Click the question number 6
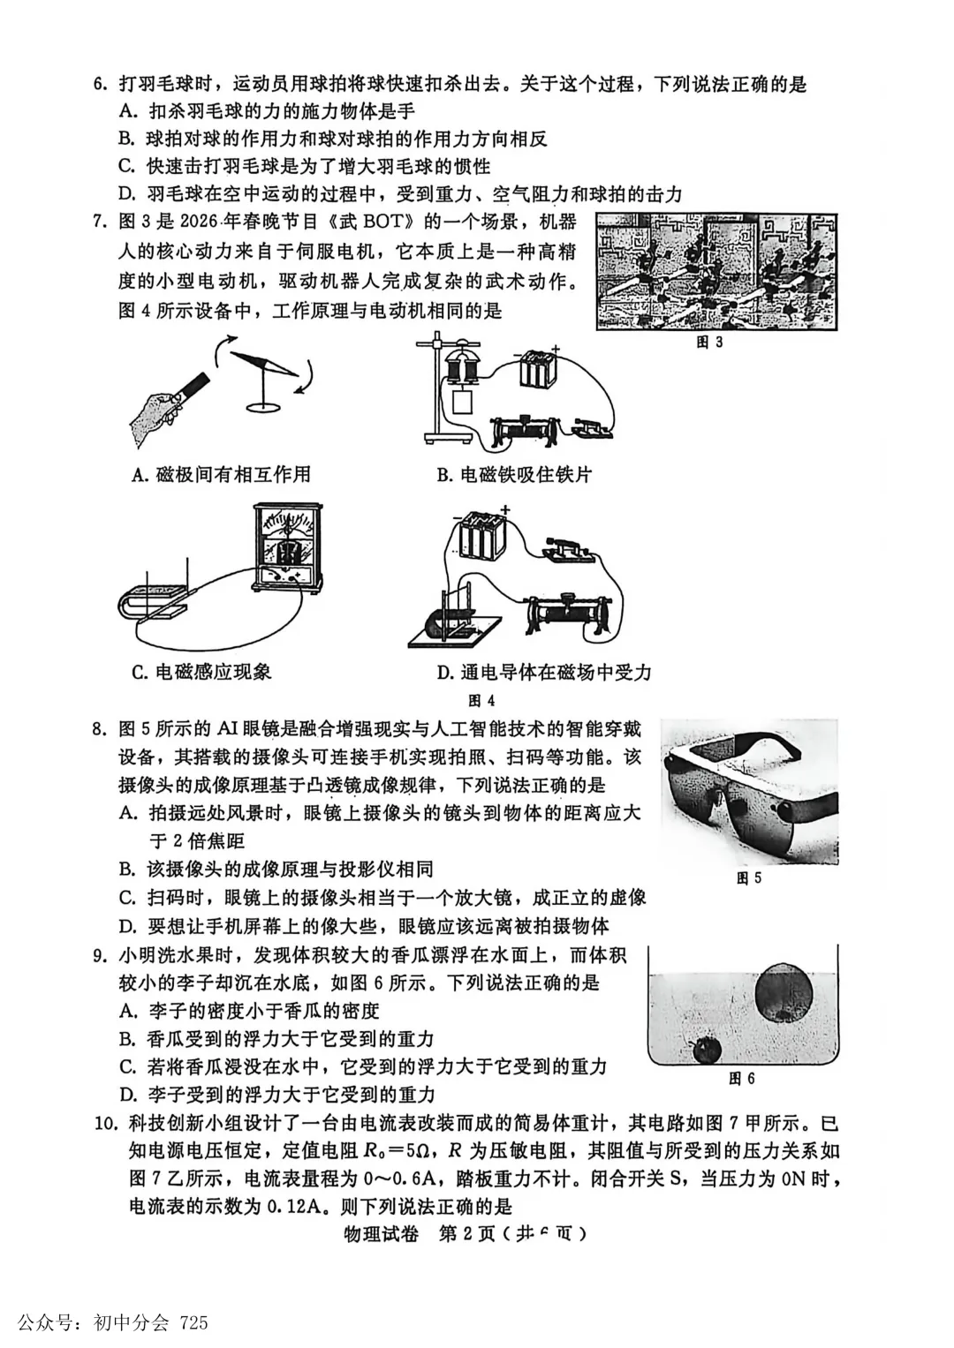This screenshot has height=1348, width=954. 100,85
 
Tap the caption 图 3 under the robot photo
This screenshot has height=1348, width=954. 708,343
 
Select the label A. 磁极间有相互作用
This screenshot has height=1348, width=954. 221,475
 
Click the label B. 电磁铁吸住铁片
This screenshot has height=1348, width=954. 514,475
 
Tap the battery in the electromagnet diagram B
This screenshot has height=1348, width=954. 538,368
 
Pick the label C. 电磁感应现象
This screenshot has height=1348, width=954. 201,673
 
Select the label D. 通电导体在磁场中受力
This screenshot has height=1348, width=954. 544,673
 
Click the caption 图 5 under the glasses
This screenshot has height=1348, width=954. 748,878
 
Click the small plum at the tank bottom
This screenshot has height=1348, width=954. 706,1049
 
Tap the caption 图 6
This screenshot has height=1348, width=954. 741,1079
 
